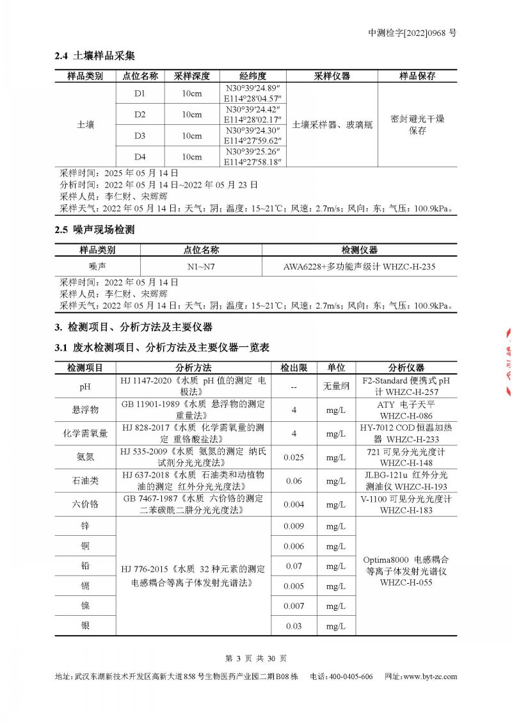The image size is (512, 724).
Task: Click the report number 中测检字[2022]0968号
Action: pyautogui.click(x=412, y=33)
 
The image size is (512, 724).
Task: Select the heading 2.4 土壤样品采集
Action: pyautogui.click(x=94, y=56)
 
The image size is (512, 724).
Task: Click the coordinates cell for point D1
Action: pyautogui.click(x=254, y=93)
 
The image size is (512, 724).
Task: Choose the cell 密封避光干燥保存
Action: pyautogui.click(x=417, y=125)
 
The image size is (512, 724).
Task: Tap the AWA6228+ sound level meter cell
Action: pyautogui.click(x=359, y=266)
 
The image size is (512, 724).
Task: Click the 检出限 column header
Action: pyautogui.click(x=294, y=367)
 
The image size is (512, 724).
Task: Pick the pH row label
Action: pyautogui.click(x=85, y=387)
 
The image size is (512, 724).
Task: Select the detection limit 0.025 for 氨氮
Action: pyautogui.click(x=294, y=457)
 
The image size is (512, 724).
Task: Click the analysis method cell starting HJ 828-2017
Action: pyautogui.click(x=193, y=433)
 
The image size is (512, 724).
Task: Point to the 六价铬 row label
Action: pyautogui.click(x=85, y=504)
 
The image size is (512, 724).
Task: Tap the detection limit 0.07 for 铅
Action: pyautogui.click(x=294, y=566)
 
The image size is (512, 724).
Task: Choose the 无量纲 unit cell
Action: pyautogui.click(x=336, y=387)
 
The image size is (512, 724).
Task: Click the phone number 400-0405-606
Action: pyautogui.click(x=349, y=677)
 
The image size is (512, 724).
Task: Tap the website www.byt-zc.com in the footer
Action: pyautogui.click(x=429, y=677)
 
